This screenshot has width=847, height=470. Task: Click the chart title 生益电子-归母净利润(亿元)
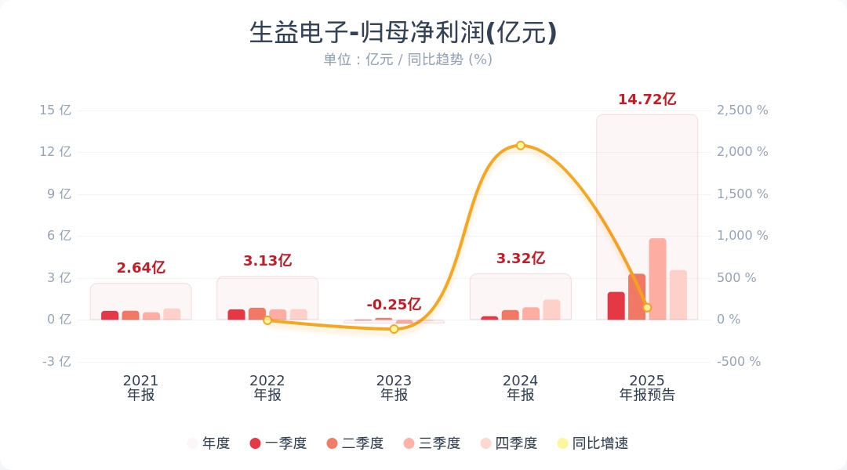point(403,33)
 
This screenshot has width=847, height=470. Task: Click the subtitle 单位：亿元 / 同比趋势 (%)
point(408,60)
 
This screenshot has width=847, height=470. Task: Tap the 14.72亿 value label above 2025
point(647,99)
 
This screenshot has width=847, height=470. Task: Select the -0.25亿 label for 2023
point(394,305)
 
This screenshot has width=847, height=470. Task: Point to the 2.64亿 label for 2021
point(141,268)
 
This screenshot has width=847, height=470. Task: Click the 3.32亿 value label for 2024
point(521,258)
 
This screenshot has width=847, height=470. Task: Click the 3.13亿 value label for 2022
point(267,261)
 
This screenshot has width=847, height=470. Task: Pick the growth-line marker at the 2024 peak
point(521,146)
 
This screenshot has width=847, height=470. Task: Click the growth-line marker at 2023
point(394,329)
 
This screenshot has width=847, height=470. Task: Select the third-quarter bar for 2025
point(657,279)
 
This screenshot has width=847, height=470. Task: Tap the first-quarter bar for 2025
point(616,305)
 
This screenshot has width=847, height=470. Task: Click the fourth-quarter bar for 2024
point(551,309)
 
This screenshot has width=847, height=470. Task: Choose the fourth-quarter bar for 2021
point(172,314)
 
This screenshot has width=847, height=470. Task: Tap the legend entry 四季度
point(509,443)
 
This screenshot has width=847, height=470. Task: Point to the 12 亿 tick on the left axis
point(55,152)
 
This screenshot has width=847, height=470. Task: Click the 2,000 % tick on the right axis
point(742,152)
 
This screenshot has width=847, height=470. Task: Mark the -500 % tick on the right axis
point(739,362)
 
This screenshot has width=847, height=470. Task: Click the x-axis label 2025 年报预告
point(647,388)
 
